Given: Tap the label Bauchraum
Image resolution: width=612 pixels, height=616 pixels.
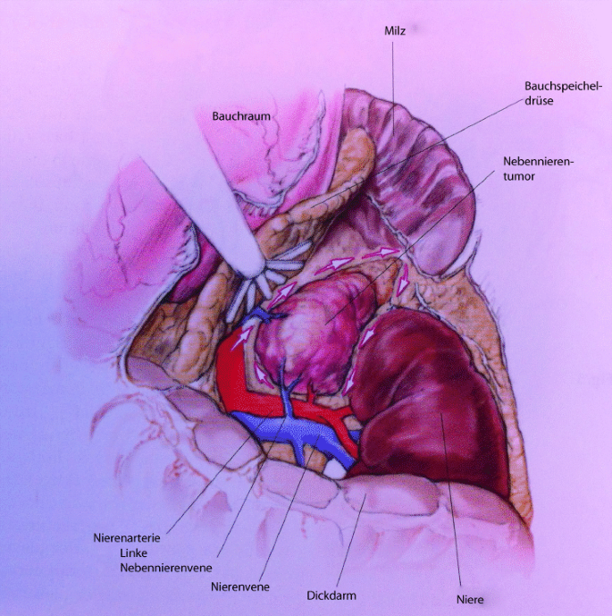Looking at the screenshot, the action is point(241,116).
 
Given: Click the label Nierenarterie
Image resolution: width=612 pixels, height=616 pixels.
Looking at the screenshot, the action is point(127,539).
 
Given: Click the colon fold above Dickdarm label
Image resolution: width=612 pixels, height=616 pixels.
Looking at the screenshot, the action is point(375,501).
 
